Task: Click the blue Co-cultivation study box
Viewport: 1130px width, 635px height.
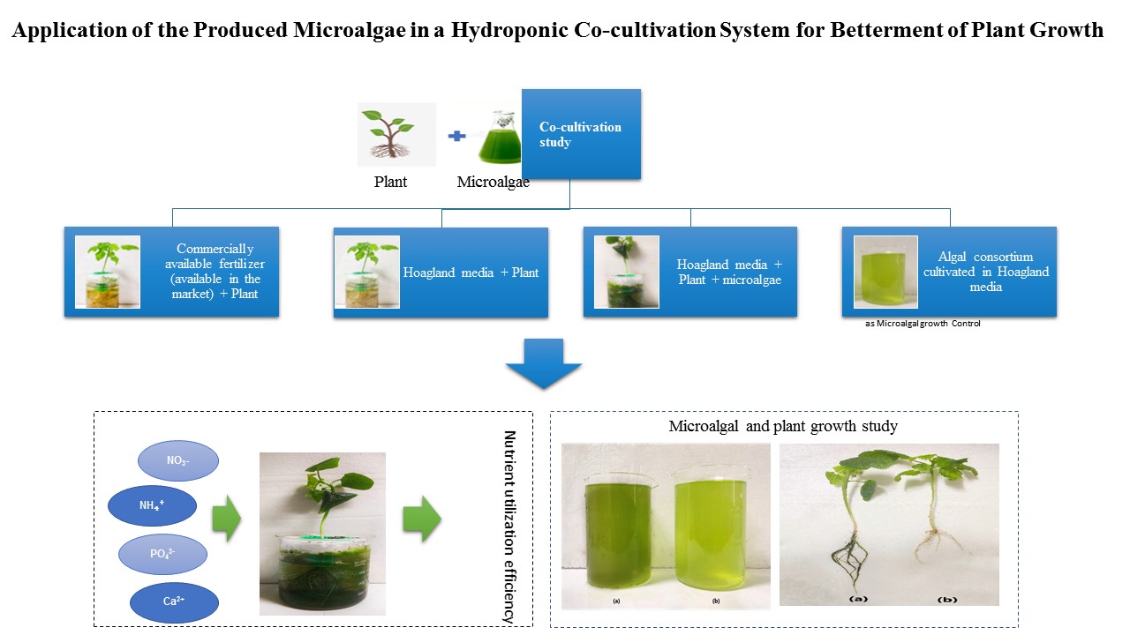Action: [581, 134]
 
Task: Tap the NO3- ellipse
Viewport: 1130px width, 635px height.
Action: [178, 460]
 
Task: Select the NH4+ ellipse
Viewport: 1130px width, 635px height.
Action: [152, 505]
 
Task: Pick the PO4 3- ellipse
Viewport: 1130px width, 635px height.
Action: [162, 554]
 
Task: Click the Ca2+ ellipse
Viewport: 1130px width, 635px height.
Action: [174, 601]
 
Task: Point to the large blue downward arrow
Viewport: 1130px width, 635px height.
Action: [543, 364]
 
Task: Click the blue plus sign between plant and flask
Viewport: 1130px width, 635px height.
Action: [456, 136]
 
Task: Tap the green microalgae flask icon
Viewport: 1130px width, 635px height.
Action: [500, 137]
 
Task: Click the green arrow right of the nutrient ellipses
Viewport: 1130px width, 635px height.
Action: [227, 519]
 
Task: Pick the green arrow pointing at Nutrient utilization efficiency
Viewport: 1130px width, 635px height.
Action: [422, 519]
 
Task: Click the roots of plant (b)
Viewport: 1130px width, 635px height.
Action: [938, 545]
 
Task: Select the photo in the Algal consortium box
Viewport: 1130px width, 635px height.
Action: [885, 273]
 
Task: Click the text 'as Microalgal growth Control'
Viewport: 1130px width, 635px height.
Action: [923, 324]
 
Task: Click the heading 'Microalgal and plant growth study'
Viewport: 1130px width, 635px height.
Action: [783, 426]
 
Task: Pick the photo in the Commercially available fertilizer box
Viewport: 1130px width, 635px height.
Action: [108, 273]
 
